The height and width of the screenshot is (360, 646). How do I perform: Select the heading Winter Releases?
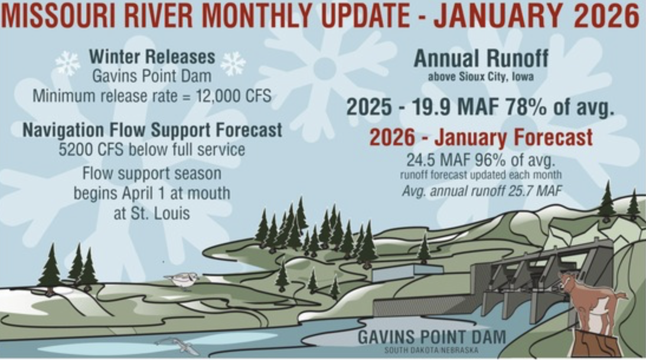point(152,57)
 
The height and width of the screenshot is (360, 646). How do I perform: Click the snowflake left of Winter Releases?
point(67,63)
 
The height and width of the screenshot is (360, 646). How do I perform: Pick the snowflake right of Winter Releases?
point(233,63)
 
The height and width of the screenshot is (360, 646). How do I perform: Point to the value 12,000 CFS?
point(234,96)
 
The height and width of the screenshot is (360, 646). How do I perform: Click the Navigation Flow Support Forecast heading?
point(152,130)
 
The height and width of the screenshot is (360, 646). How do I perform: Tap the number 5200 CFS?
point(91,149)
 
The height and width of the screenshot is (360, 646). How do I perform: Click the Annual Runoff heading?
point(481,58)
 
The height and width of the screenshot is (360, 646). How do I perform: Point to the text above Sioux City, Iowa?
point(481,77)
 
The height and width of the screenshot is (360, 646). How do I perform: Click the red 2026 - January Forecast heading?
point(481,138)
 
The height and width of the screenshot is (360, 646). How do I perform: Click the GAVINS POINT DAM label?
point(431,338)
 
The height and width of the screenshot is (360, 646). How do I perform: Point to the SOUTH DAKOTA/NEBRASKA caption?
point(431,350)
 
